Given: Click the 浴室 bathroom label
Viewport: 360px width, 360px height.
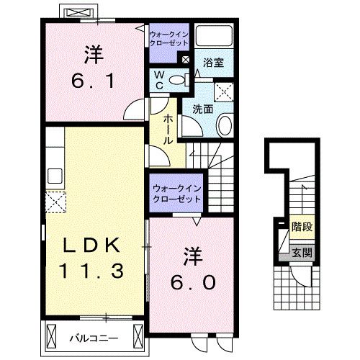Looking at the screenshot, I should pos(212,63).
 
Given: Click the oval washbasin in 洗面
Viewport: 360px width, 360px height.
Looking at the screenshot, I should pos(224,125).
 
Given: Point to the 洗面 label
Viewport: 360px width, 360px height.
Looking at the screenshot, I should pos(202,109).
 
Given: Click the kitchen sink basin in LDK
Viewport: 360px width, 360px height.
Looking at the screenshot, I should pos(55,176).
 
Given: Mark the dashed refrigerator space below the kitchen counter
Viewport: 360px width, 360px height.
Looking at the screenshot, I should pos(55,202).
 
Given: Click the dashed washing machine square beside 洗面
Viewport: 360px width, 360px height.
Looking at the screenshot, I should pos(224,91).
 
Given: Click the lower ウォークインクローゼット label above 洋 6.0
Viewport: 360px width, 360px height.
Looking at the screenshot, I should pos(177,193).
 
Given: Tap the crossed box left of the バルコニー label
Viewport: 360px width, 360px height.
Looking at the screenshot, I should pos(53,336).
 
